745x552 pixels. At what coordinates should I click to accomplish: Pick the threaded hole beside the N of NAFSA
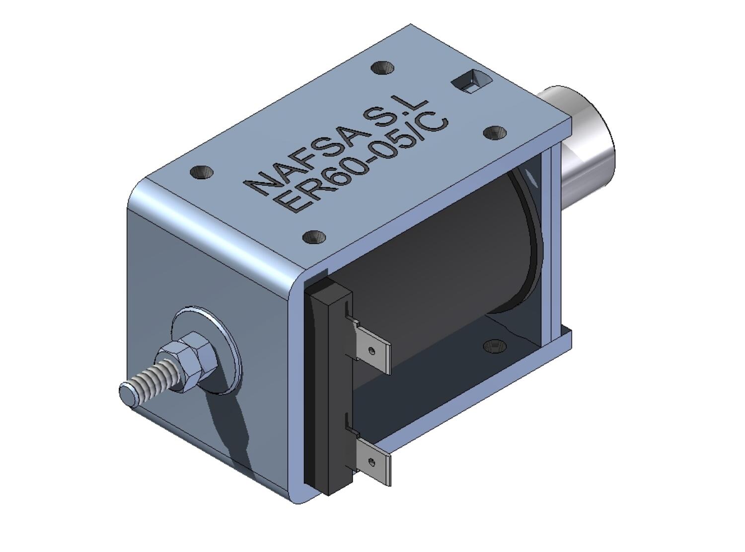[x=202, y=173]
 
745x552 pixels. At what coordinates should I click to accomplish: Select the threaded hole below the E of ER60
[x=313, y=237]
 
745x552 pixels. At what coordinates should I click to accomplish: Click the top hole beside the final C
[x=495, y=133]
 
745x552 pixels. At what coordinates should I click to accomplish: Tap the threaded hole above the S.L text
[x=382, y=67]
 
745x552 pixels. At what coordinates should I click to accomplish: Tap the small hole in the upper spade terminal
[x=372, y=351]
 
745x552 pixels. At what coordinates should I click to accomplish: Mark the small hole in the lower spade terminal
[x=372, y=462]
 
